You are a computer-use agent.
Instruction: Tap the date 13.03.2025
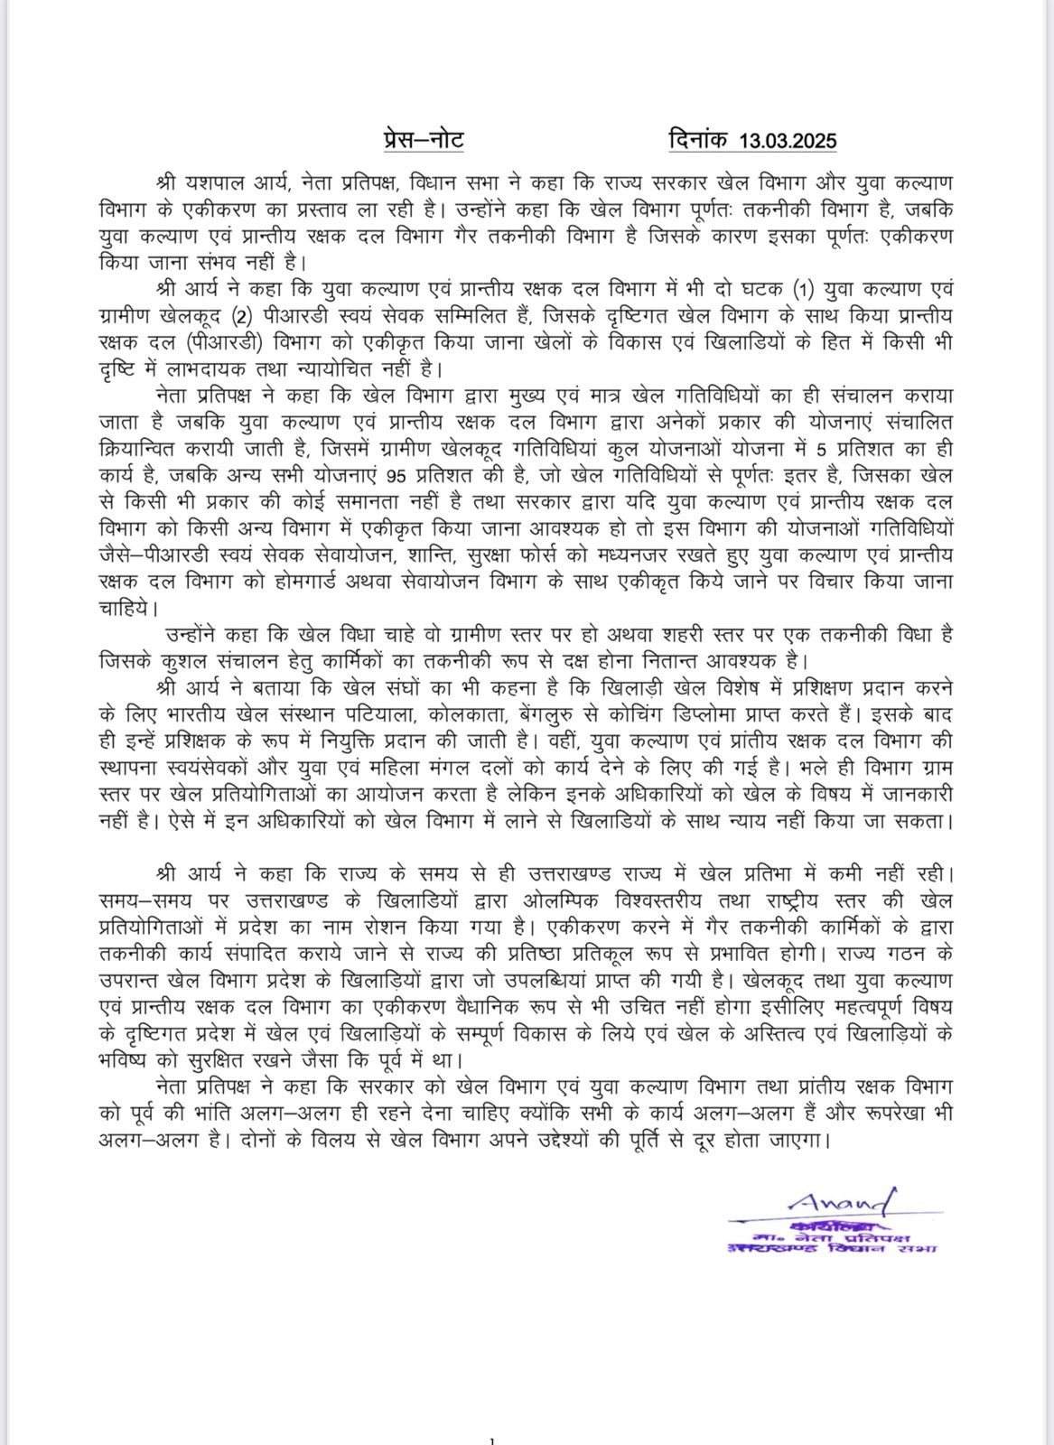788,141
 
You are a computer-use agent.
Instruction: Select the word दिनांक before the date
700,140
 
